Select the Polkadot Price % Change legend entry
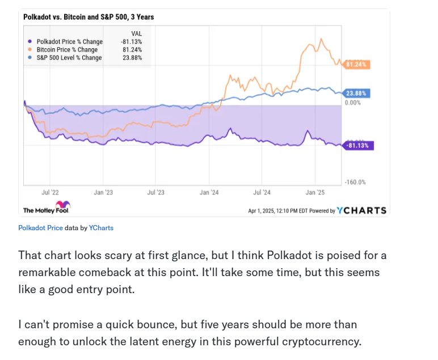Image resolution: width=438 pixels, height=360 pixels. pos(69,41)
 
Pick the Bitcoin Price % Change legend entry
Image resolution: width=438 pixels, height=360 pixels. pos(66,50)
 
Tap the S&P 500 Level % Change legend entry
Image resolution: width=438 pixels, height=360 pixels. pos(69,58)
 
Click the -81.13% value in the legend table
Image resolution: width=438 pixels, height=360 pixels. pos(132,41)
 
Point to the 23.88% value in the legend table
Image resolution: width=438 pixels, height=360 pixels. pos(133,58)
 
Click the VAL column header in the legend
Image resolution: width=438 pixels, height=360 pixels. pos(136,33)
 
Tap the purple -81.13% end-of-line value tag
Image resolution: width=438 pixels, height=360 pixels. pos(357,146)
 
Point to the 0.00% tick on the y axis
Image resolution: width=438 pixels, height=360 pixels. pos(352,103)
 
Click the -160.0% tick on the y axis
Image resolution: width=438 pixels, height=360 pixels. pos(355,183)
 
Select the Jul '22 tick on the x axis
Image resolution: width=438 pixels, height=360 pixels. pos(50,193)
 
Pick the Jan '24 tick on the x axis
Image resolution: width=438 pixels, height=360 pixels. pos(209,193)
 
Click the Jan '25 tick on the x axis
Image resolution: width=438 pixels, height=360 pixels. pos(315,193)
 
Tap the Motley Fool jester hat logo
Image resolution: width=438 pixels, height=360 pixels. pos(62,205)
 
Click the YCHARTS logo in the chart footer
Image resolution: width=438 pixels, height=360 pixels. pos(361,210)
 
